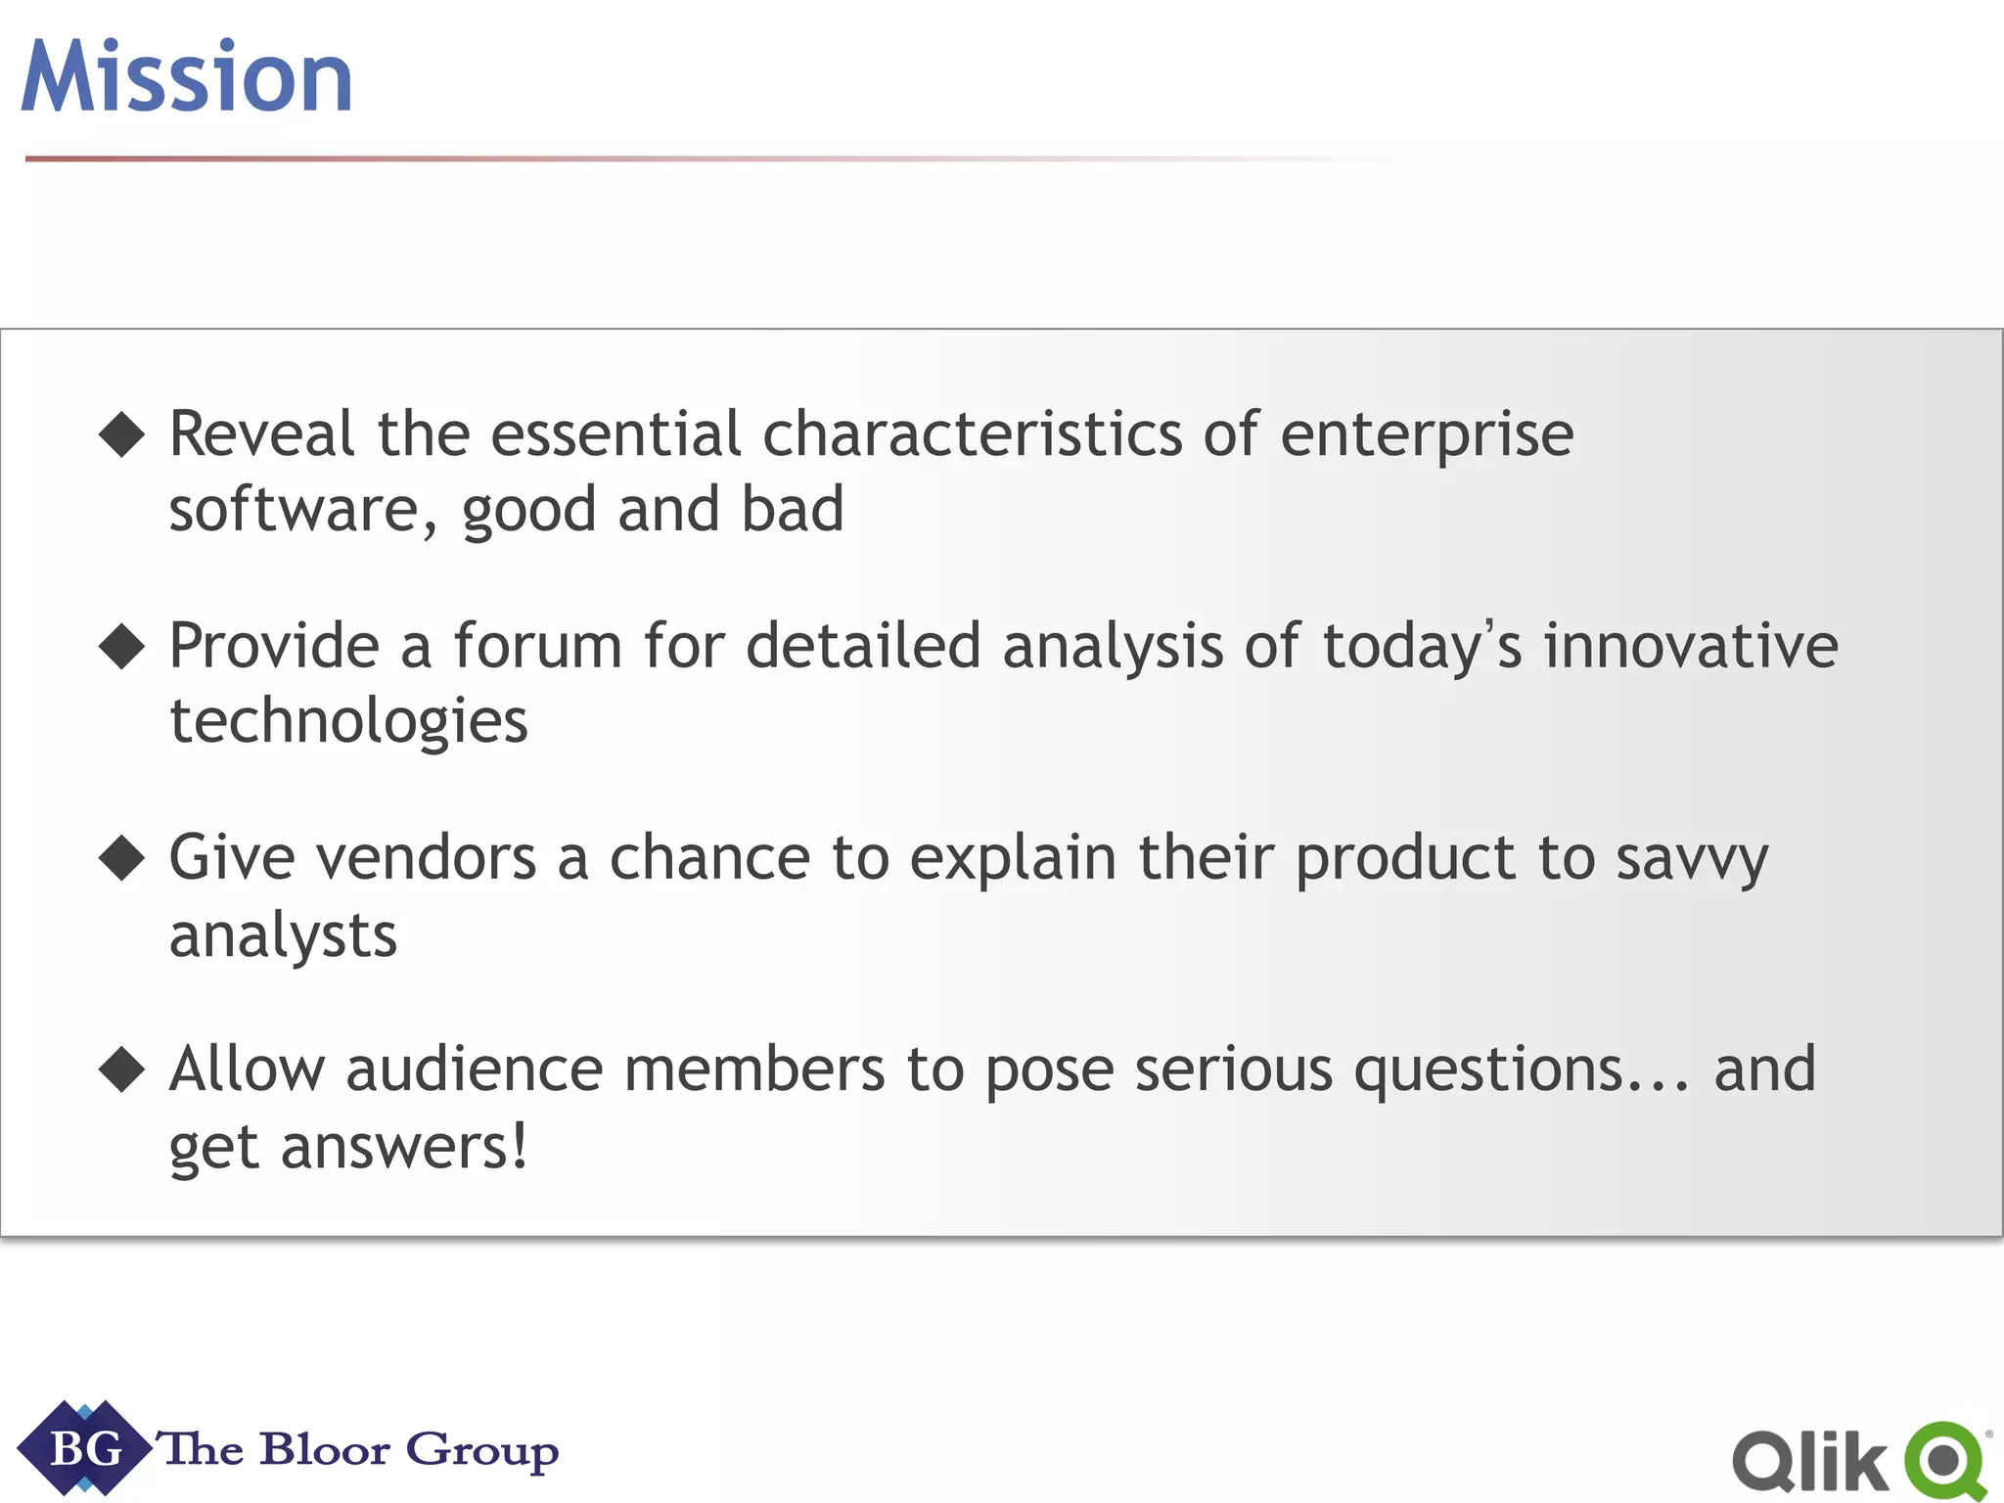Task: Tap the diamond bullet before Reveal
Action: (x=122, y=434)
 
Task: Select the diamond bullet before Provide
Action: (x=122, y=647)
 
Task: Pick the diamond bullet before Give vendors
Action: (x=122, y=858)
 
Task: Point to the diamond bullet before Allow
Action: (x=122, y=1070)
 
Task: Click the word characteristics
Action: (x=972, y=433)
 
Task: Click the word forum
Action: (x=537, y=646)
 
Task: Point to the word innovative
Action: (x=1691, y=646)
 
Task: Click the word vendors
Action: (x=428, y=858)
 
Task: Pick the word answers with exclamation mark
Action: (x=403, y=1147)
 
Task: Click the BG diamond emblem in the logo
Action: (x=85, y=1448)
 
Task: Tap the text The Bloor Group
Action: (x=360, y=1449)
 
